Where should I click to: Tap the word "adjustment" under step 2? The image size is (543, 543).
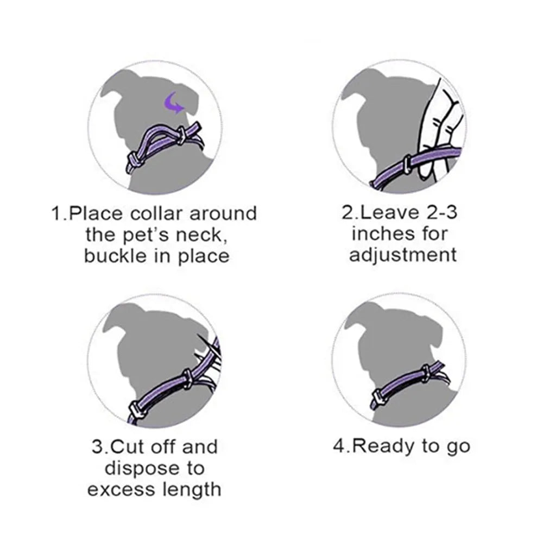(403, 255)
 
